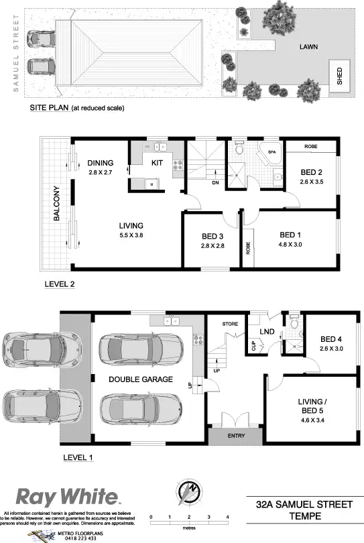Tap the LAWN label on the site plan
pyautogui.click(x=309, y=47)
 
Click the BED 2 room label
pyautogui.click(x=312, y=172)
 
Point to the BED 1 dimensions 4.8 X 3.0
pyautogui.click(x=290, y=245)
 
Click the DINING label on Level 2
pyautogui.click(x=100, y=163)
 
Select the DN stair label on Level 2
pyautogui.click(x=215, y=182)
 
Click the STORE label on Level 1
pyautogui.click(x=231, y=324)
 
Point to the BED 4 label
pyautogui.click(x=332, y=339)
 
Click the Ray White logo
pyautogui.click(x=67, y=497)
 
